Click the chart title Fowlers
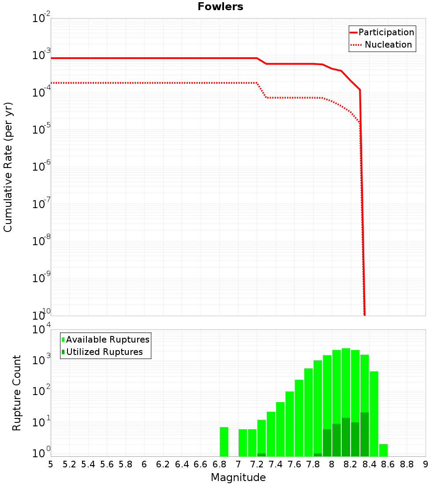(x=220, y=7)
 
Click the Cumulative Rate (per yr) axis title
(x=8, y=167)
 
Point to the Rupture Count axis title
(x=17, y=392)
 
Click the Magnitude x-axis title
(x=238, y=477)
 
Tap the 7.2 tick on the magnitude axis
(x=257, y=464)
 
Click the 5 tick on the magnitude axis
(x=51, y=464)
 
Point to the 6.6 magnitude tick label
(x=201, y=464)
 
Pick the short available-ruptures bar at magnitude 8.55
(x=383, y=450)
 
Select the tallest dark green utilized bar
(x=365, y=434)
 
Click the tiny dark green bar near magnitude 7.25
(x=262, y=455)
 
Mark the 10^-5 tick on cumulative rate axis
(x=43, y=130)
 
